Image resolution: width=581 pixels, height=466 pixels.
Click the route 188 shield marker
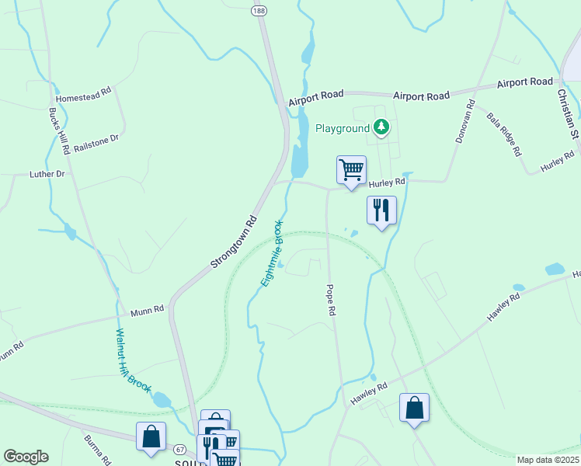click(x=259, y=10)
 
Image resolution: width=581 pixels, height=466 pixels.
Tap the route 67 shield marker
click(x=179, y=450)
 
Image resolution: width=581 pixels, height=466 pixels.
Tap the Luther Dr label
click(x=47, y=174)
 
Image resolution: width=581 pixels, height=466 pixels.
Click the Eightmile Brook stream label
click(x=272, y=253)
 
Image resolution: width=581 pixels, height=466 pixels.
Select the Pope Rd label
click(x=331, y=299)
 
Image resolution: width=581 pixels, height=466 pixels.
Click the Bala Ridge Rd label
click(x=503, y=134)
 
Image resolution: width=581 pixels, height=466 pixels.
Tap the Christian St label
click(x=569, y=113)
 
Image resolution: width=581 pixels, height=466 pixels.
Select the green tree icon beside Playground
click(x=381, y=127)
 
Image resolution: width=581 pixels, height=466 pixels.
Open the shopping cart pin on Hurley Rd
click(x=351, y=169)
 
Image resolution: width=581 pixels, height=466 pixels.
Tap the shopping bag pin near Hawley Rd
click(x=414, y=407)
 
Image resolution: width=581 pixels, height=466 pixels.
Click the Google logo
click(x=26, y=457)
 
